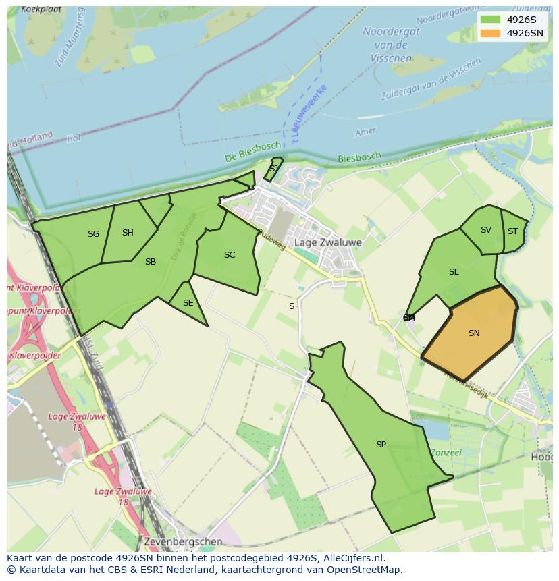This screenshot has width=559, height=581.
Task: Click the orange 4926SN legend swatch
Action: pos(491,33)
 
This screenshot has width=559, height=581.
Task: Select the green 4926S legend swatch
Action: pos(491,20)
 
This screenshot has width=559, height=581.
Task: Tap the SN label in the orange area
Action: pos(474,333)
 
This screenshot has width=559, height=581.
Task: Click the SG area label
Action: pos(93,234)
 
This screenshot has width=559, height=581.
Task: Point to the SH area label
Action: pos(128,233)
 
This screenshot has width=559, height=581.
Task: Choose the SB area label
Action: pos(151,262)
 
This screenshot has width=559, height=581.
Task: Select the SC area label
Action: pos(230,255)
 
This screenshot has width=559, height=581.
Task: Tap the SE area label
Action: pos(188,303)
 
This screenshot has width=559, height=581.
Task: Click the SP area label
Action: pos(381,445)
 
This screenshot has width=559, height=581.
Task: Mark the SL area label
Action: pos(454,272)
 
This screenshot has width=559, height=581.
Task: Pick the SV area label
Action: pos(486,230)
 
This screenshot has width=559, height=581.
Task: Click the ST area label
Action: pos(512,231)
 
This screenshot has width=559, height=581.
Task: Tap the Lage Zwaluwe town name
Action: pos(328,242)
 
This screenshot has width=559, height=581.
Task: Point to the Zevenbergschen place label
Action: pos(183,541)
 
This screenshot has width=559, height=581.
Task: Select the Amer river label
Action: pos(365,132)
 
